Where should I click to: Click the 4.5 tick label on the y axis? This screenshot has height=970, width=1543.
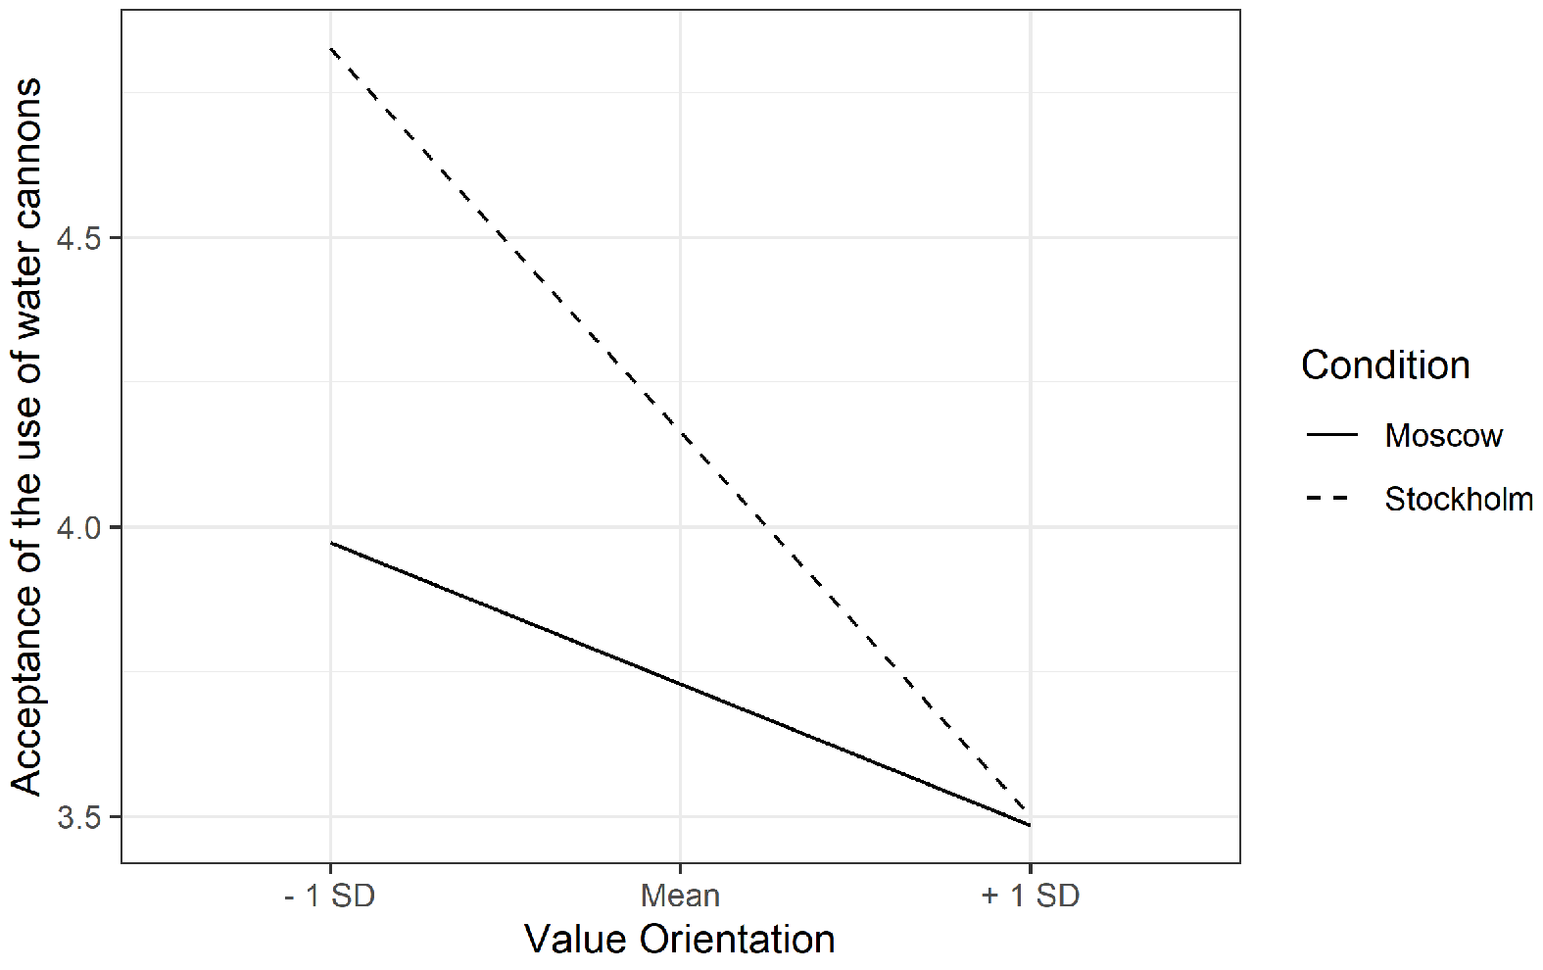[x=79, y=238]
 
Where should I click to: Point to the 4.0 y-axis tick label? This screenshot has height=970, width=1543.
[x=79, y=528]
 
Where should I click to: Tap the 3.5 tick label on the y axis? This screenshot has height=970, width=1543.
[x=79, y=818]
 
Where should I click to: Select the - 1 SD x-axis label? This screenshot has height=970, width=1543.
[x=330, y=896]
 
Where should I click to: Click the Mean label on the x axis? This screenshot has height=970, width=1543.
[x=680, y=896]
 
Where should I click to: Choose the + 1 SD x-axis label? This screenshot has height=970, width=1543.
[x=1030, y=896]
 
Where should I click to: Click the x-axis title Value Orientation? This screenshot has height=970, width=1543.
[x=680, y=940]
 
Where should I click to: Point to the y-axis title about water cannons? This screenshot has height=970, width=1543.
[x=26, y=437]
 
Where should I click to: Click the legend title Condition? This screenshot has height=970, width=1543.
[x=1385, y=365]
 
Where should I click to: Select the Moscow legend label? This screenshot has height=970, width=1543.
[x=1444, y=435]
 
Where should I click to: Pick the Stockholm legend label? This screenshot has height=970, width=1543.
[x=1459, y=499]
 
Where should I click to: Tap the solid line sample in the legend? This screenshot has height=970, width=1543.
[x=1331, y=435]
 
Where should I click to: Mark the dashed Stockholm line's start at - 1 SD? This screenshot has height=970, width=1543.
[x=331, y=49]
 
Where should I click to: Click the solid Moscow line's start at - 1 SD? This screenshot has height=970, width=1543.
[x=331, y=543]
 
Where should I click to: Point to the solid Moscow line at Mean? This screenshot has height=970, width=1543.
[x=681, y=684]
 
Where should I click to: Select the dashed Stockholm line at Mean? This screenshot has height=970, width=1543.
[x=681, y=433]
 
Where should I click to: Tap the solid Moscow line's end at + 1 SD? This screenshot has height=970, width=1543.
[x=1030, y=825]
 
